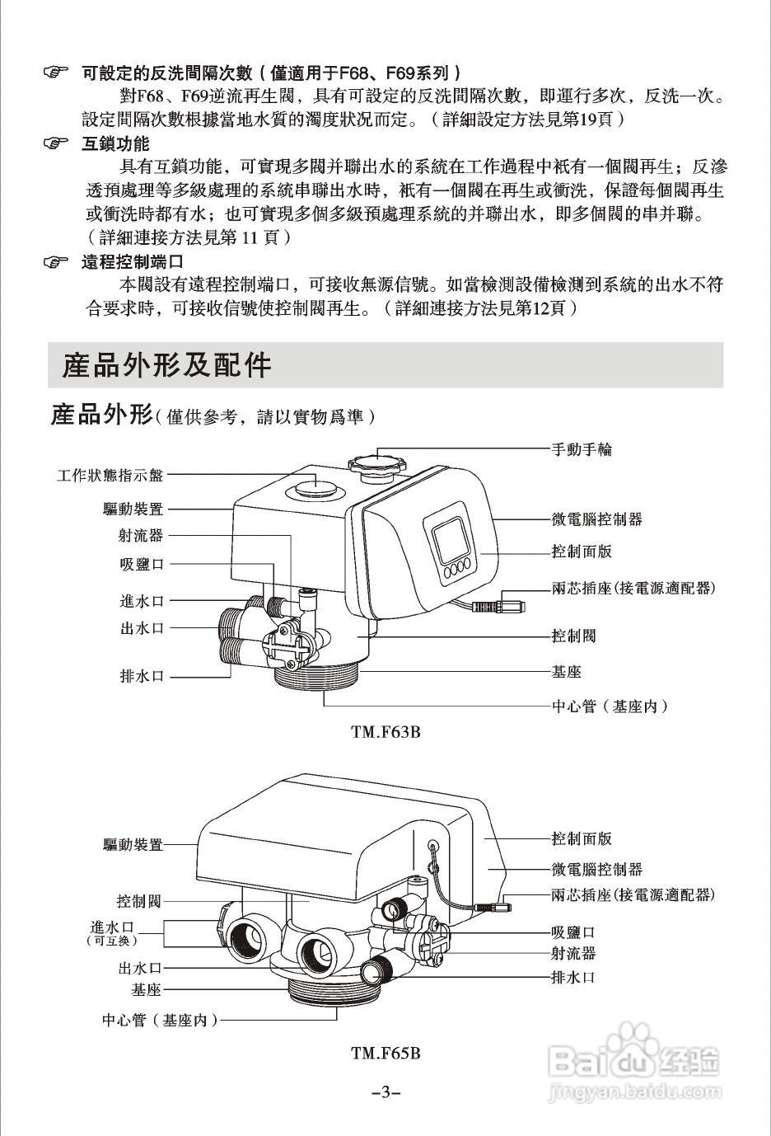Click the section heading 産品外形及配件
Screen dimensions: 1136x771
point(166,365)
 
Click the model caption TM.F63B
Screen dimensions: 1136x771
point(385,731)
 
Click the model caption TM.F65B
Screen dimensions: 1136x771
point(385,1053)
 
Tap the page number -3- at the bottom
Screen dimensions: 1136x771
point(385,1093)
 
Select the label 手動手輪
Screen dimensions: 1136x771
point(581,449)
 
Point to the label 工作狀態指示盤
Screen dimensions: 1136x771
point(110,475)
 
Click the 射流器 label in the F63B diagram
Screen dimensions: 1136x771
point(141,536)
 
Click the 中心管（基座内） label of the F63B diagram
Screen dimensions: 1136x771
point(609,706)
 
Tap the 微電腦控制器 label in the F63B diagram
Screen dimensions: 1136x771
point(596,519)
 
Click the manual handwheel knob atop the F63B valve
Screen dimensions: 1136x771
point(378,462)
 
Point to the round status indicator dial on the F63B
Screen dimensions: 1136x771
point(313,486)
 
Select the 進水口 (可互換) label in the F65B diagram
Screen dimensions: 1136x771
point(112,932)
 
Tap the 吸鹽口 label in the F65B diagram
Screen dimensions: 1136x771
point(572,932)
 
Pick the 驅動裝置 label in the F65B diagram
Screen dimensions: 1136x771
point(133,845)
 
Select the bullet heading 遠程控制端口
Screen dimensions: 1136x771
point(132,263)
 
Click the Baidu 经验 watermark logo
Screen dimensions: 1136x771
point(634,1063)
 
